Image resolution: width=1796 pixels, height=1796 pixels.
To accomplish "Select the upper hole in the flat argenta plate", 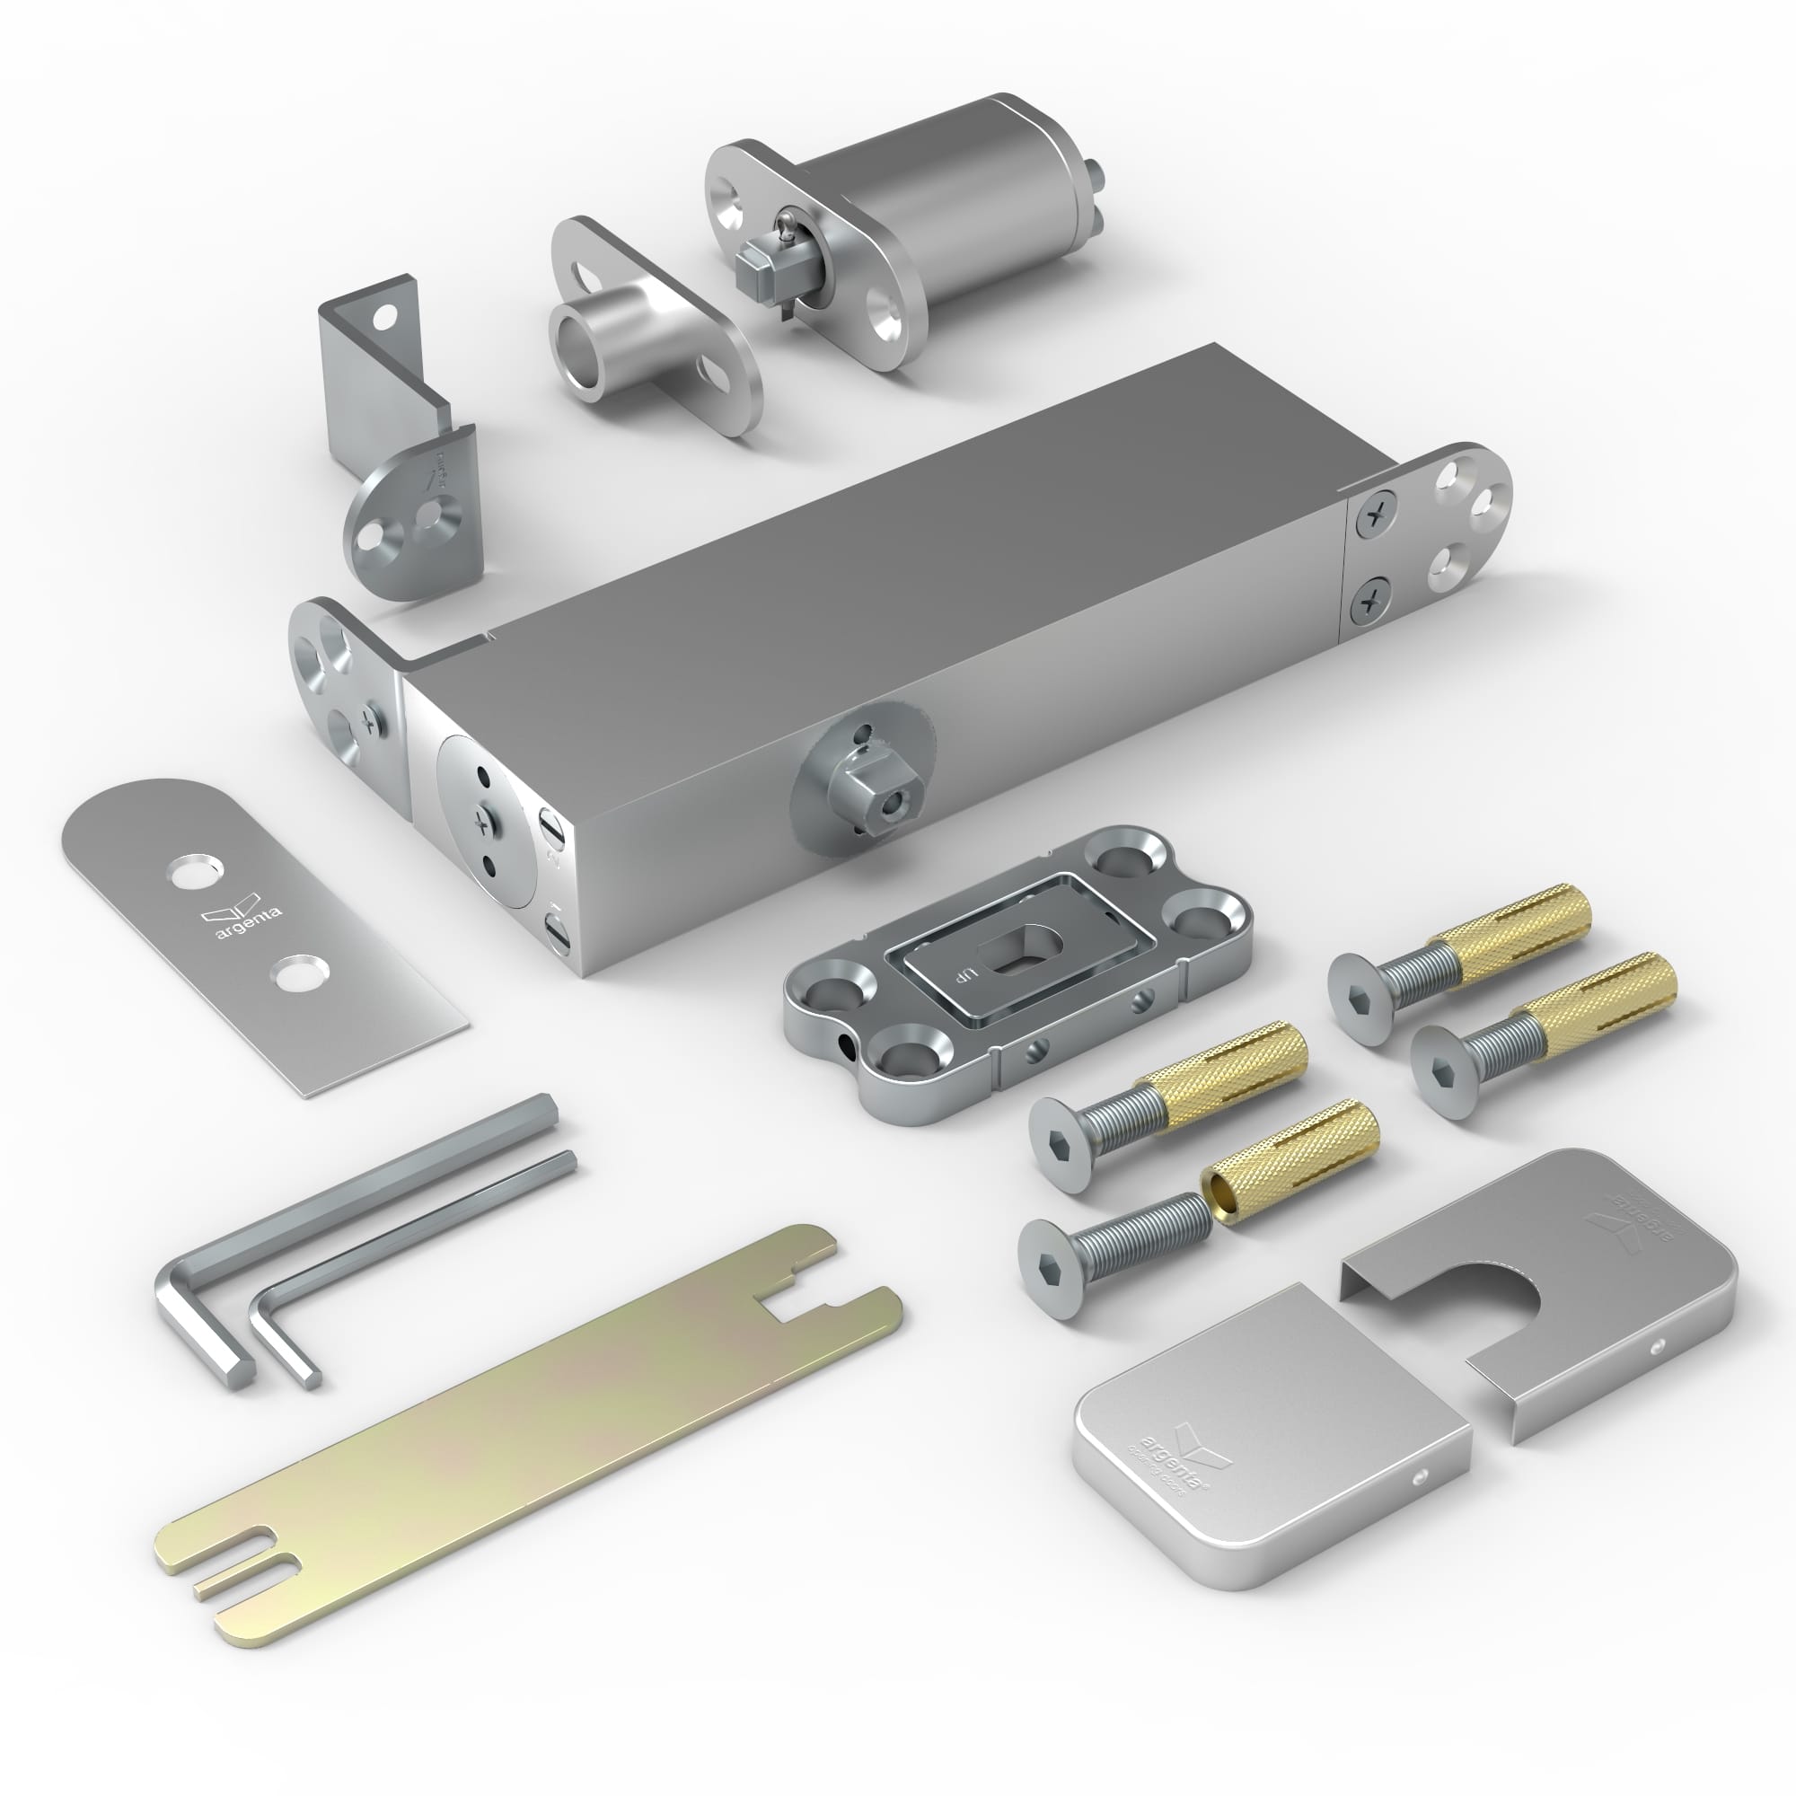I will (x=193, y=871).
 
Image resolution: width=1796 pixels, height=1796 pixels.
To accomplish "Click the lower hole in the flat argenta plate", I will (x=296, y=974).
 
